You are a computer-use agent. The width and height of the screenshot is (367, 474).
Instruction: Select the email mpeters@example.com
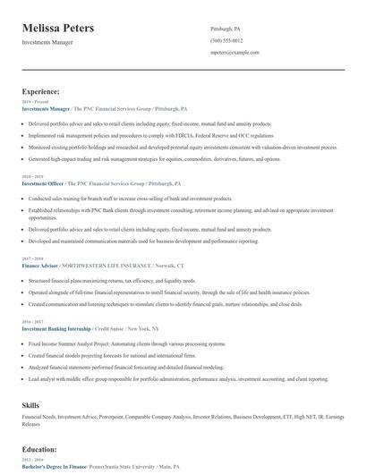point(235,53)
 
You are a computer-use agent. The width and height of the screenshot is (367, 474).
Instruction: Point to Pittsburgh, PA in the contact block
point(225,29)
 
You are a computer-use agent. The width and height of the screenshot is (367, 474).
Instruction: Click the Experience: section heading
point(41,91)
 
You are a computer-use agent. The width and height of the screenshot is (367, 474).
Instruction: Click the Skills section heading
point(31,406)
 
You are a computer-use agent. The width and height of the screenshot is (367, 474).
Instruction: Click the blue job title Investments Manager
point(46,108)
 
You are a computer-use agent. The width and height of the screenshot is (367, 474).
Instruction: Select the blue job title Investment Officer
point(42,182)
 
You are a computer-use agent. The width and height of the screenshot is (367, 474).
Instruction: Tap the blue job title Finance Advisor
point(39,266)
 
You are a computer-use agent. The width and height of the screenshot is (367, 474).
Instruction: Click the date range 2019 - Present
point(34,102)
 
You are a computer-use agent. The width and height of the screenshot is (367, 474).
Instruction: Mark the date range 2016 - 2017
point(32,322)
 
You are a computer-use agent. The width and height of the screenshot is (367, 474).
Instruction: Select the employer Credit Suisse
point(111,328)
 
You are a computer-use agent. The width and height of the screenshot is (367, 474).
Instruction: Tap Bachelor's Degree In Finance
point(53,467)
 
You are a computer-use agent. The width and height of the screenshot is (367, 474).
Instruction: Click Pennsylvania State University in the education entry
point(121,467)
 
